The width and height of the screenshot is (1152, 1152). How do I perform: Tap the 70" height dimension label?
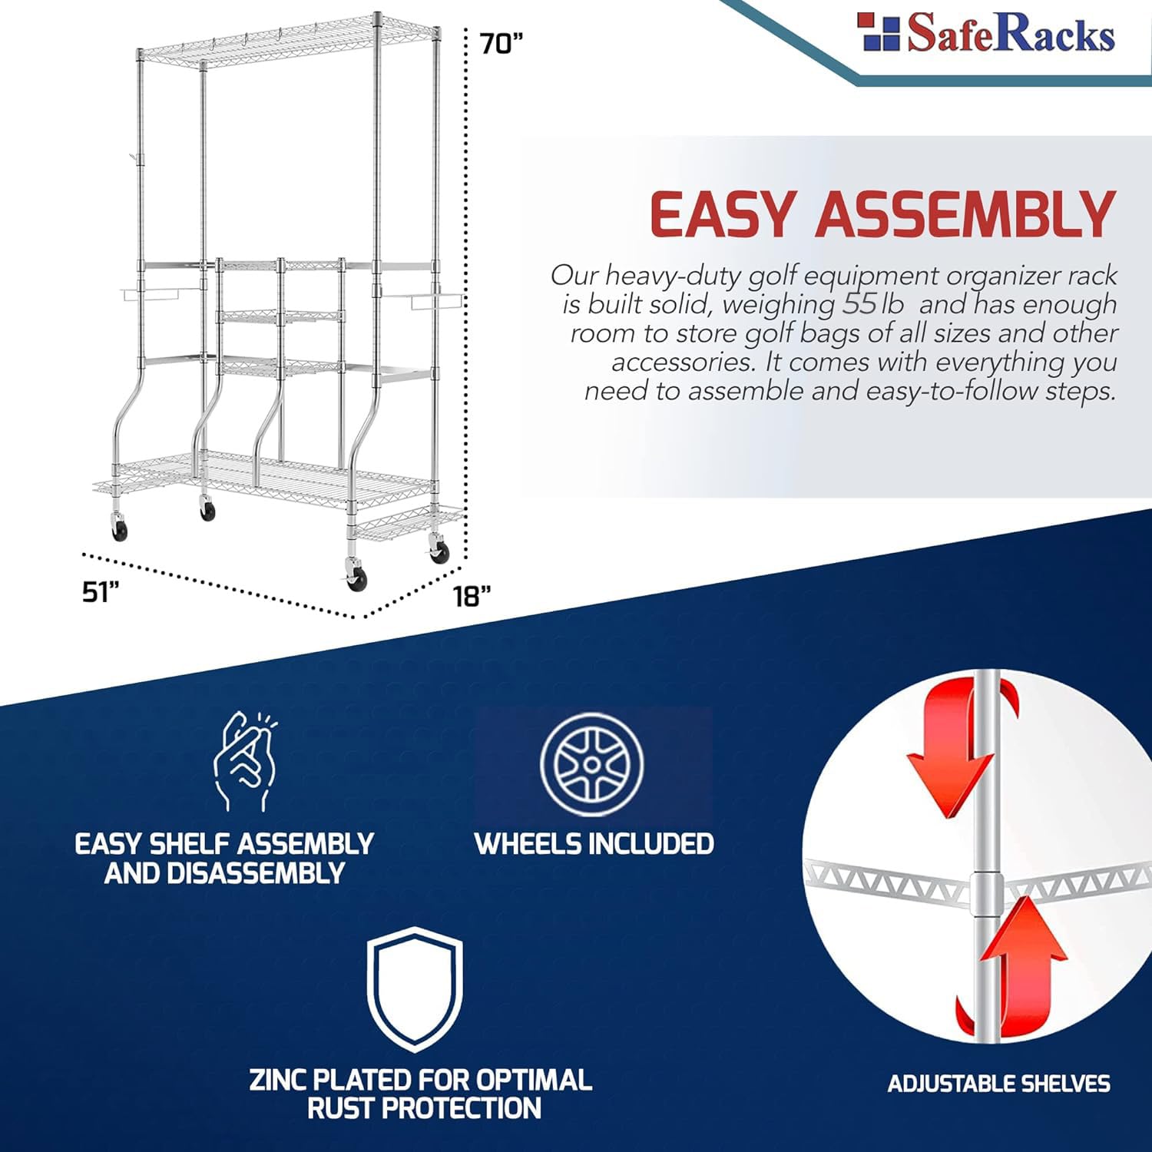pyautogui.click(x=501, y=44)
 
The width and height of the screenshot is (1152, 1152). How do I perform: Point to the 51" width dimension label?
pyautogui.click(x=101, y=592)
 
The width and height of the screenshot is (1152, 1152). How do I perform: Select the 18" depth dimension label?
pyautogui.click(x=471, y=596)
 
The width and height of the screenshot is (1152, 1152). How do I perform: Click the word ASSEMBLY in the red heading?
pyautogui.click(x=965, y=214)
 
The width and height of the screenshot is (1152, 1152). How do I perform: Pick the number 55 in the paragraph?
pyautogui.click(x=859, y=304)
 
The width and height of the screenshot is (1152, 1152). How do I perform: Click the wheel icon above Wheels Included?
pyautogui.click(x=591, y=764)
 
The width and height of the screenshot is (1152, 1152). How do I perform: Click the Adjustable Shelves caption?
pyautogui.click(x=998, y=1084)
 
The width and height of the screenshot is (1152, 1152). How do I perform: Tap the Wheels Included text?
pyautogui.click(x=594, y=844)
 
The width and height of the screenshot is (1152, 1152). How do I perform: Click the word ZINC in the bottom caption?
pyautogui.click(x=278, y=1080)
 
